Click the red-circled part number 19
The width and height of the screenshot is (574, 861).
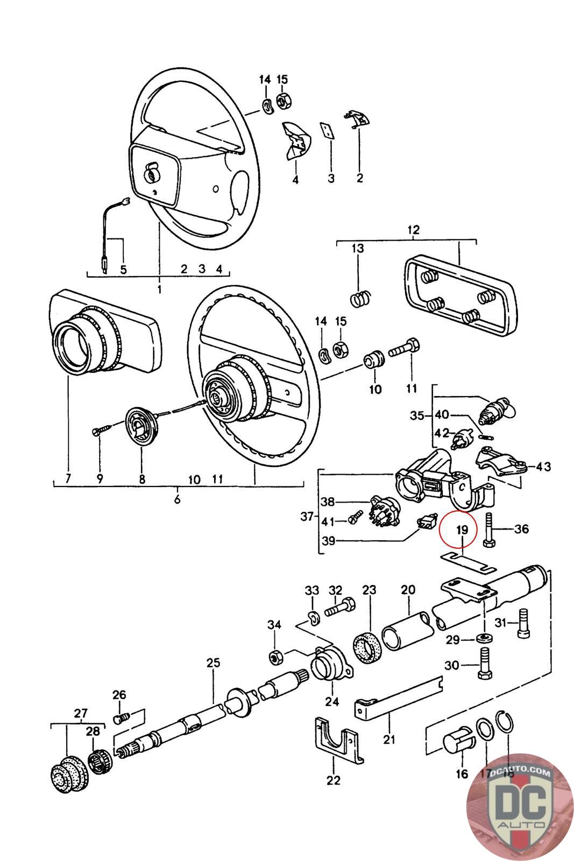462,530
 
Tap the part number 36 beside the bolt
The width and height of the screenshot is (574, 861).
521,529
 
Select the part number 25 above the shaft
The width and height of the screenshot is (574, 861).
213,662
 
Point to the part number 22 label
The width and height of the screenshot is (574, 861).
334,780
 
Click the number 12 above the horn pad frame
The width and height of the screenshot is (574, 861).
413,230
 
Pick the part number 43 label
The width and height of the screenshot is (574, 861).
543,466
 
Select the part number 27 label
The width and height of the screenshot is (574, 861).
80,714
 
